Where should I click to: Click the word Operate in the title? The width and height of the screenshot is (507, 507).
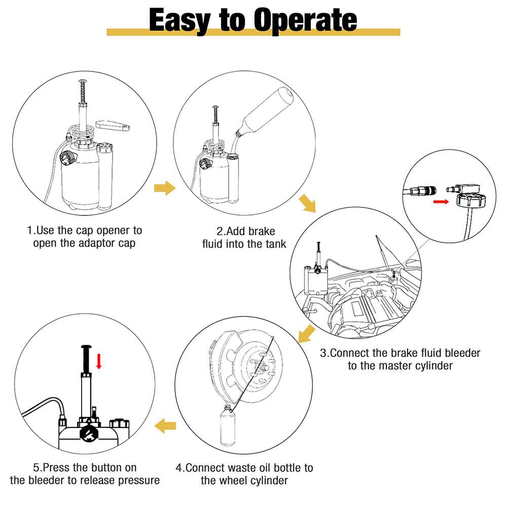[x=305, y=21]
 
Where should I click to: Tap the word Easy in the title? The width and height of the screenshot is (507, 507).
[x=180, y=21]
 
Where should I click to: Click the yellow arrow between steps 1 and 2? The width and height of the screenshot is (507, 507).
[x=165, y=188]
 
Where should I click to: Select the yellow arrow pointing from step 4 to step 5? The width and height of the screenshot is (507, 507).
[x=165, y=425]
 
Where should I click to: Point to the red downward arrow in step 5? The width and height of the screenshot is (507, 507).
[x=99, y=361]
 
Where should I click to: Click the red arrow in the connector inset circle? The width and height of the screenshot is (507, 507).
[x=441, y=202]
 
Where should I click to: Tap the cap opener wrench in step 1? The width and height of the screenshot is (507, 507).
[x=113, y=125]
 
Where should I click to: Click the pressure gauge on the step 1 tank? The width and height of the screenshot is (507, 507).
[x=68, y=158]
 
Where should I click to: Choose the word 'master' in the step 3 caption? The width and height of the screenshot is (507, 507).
[x=406, y=366]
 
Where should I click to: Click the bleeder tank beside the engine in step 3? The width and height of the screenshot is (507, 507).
[x=315, y=280]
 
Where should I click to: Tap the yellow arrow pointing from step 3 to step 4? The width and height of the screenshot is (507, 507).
[x=306, y=334]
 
